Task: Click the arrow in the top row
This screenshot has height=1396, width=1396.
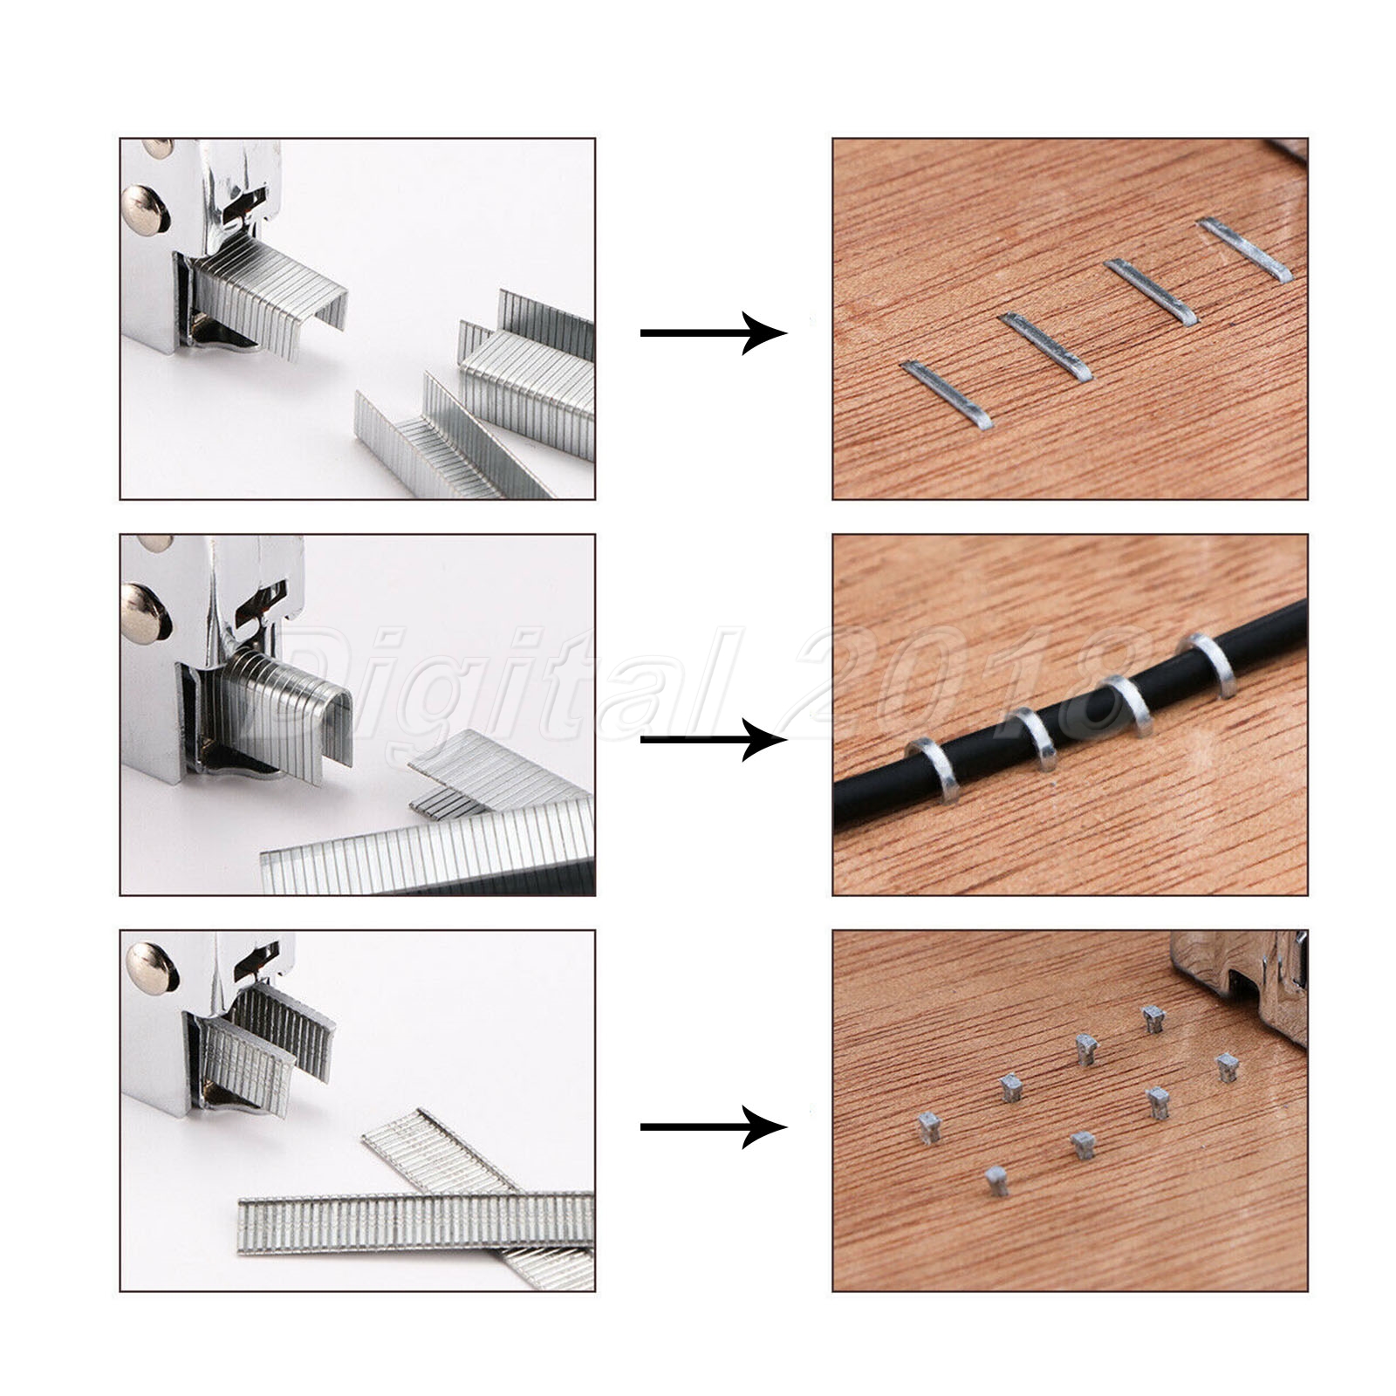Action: point(714,333)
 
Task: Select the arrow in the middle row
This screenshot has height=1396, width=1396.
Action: point(714,740)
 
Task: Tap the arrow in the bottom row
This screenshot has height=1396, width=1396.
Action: point(714,1127)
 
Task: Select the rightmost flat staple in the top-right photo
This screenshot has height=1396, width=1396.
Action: point(1246,250)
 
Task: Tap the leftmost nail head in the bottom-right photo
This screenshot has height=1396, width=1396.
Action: point(927,1127)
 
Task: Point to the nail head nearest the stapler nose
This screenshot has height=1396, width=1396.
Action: point(1153,1019)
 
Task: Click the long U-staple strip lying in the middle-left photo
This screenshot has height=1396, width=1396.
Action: point(428,846)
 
